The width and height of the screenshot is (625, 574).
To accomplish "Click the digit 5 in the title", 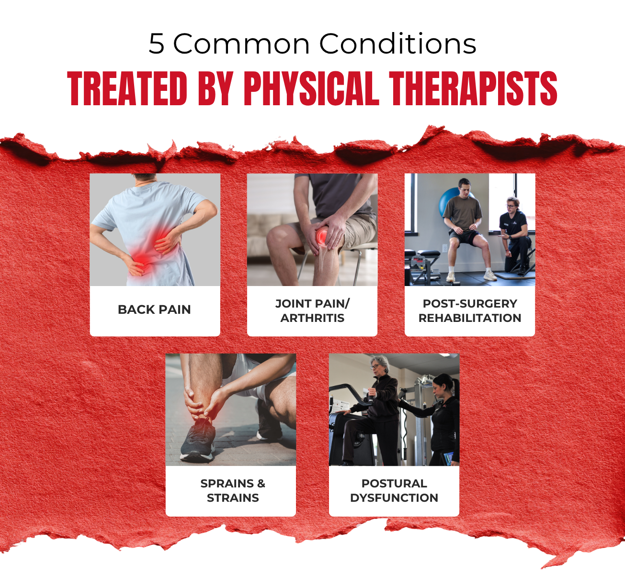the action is pyautogui.click(x=157, y=44).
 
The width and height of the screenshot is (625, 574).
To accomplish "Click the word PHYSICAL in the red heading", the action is pyautogui.click(x=311, y=88).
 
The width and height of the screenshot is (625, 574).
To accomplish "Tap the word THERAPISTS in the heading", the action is pyautogui.click(x=473, y=88).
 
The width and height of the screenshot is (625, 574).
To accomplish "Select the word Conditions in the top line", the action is pyautogui.click(x=398, y=43).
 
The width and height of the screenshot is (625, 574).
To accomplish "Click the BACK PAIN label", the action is pyautogui.click(x=154, y=310).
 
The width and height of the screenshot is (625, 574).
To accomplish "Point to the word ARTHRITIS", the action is pyautogui.click(x=312, y=318).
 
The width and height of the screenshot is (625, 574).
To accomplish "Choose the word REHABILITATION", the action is pyautogui.click(x=470, y=318).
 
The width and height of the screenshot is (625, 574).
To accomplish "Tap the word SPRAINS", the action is pyautogui.click(x=227, y=484).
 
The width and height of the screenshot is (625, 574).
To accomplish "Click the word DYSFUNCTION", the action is pyautogui.click(x=394, y=498).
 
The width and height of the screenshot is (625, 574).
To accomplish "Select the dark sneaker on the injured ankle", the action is pyautogui.click(x=197, y=439).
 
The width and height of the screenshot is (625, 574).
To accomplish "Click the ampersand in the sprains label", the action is pyautogui.click(x=261, y=484).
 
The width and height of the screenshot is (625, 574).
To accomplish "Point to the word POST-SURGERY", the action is pyautogui.click(x=470, y=303).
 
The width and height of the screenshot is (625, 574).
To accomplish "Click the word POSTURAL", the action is pyautogui.click(x=394, y=484).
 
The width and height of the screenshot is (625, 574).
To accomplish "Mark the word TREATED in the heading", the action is pyautogui.click(x=127, y=88).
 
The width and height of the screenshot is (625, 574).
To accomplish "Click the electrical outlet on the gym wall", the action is pyautogui.click(x=445, y=248).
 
